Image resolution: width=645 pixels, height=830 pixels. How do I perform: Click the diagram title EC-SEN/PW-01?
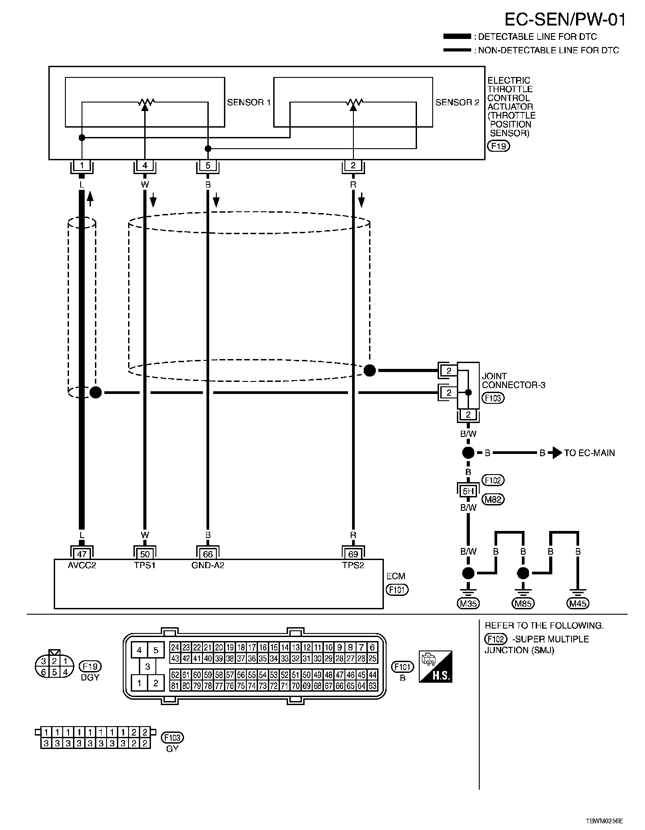pyautogui.click(x=565, y=20)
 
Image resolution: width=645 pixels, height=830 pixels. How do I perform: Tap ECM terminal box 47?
pyautogui.click(x=82, y=554)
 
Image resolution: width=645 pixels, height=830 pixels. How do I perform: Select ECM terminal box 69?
pyautogui.click(x=353, y=554)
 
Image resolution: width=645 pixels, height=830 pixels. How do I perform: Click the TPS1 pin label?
pyautogui.click(x=145, y=565)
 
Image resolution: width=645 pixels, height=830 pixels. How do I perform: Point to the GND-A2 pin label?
pyautogui.click(x=208, y=565)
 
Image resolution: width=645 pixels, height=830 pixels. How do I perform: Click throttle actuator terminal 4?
pyautogui.click(x=145, y=166)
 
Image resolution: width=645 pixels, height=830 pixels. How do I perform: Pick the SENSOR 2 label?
pyautogui.click(x=457, y=103)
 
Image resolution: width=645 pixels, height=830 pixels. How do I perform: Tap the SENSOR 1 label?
pyautogui.click(x=249, y=103)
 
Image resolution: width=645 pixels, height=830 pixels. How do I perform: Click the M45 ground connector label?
pyautogui.click(x=578, y=603)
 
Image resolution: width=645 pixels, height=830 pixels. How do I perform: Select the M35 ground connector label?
pyautogui.click(x=468, y=603)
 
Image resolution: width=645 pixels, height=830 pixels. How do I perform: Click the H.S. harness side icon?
pyautogui.click(x=435, y=666)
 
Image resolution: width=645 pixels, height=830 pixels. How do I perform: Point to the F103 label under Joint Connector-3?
pyautogui.click(x=493, y=398)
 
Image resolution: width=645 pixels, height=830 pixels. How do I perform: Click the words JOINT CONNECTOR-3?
pyautogui.click(x=513, y=381)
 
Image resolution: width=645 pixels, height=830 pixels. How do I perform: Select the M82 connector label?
pyautogui.click(x=493, y=499)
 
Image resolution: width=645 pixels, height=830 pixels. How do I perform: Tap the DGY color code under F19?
pyautogui.click(x=90, y=677)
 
